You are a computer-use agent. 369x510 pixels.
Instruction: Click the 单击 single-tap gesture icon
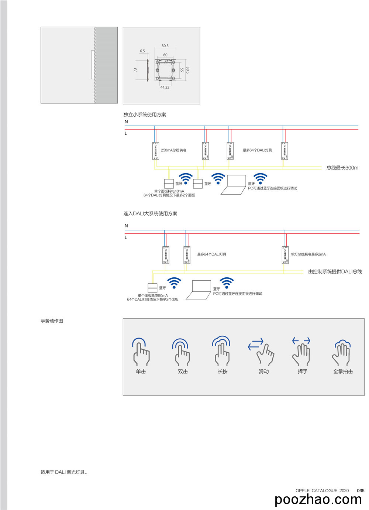coord(141,352)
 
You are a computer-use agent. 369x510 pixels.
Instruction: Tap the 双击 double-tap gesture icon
coord(181,352)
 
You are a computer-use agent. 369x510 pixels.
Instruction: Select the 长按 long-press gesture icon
coord(221,351)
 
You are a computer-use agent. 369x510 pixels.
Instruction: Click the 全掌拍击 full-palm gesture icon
coord(342,352)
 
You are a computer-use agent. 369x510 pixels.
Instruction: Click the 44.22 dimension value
coord(165,88)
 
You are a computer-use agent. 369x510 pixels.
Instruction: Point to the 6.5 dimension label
coord(142,51)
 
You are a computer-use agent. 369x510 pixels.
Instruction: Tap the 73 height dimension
coord(135,70)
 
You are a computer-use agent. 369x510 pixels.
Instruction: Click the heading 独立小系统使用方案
coord(145,114)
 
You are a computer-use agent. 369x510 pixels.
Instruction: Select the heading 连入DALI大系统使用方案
coord(150,213)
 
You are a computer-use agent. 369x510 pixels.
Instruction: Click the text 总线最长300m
coord(342,168)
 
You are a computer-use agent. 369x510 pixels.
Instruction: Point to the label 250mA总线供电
coord(173,150)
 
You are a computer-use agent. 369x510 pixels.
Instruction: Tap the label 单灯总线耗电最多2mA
coord(308,254)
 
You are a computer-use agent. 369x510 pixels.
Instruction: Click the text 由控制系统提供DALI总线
coord(335,271)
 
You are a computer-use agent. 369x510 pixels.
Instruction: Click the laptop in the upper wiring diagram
coord(234,184)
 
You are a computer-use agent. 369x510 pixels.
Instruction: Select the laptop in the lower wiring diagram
coord(199,290)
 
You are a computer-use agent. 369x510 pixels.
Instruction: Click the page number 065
coord(361,490)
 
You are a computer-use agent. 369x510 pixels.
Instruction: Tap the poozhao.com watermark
coord(318,500)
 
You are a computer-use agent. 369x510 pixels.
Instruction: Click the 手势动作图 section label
coord(52,321)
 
